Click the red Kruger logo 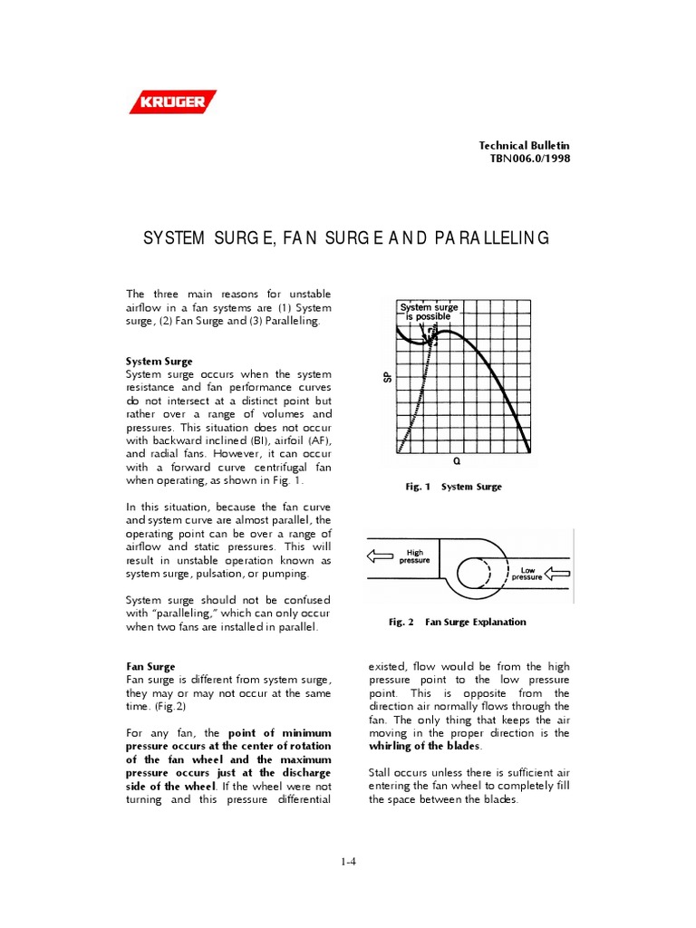(x=172, y=101)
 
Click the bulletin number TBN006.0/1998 (x=530, y=159)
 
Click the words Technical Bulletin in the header (x=525, y=146)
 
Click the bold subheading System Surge (x=159, y=361)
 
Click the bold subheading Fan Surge (x=150, y=666)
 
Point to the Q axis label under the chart (x=457, y=460)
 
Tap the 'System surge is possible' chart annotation (x=430, y=312)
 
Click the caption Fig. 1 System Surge (x=453, y=487)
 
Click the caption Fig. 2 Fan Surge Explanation (x=457, y=622)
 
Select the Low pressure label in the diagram (x=527, y=573)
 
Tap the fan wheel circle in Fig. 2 (x=477, y=573)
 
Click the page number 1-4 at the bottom (x=348, y=862)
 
